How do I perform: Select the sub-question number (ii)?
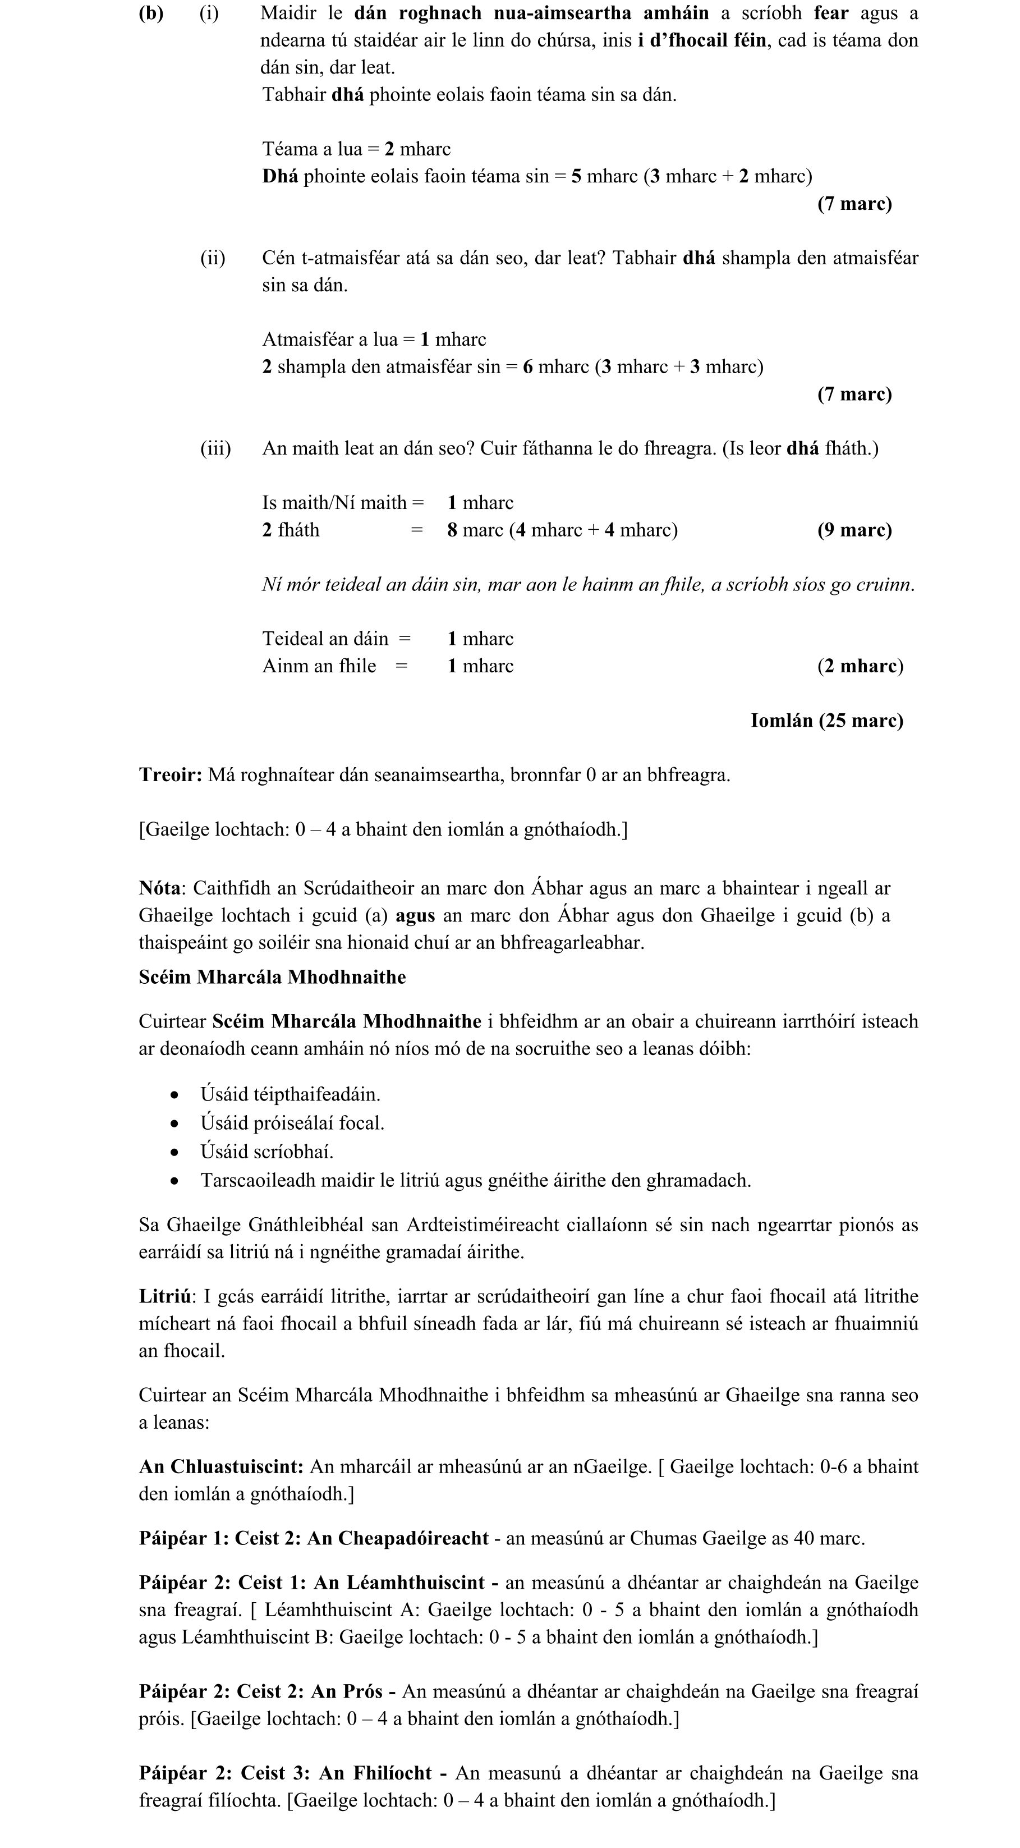212,258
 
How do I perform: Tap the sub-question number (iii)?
215,449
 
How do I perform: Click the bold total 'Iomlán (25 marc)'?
826,721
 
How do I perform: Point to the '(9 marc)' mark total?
854,530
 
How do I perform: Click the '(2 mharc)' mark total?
860,667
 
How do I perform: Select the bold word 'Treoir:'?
171,776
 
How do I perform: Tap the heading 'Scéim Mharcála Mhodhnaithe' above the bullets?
273,978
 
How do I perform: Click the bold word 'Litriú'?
165,1297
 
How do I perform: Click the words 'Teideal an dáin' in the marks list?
325,639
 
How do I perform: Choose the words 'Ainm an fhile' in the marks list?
319,667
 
